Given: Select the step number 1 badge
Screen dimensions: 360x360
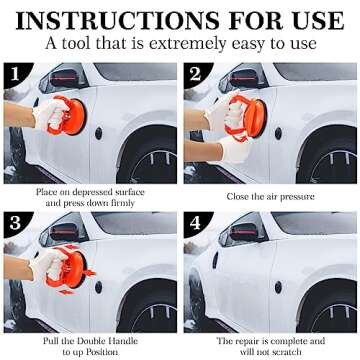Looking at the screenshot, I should [14, 74].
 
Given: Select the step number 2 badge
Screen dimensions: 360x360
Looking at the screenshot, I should [196, 74].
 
